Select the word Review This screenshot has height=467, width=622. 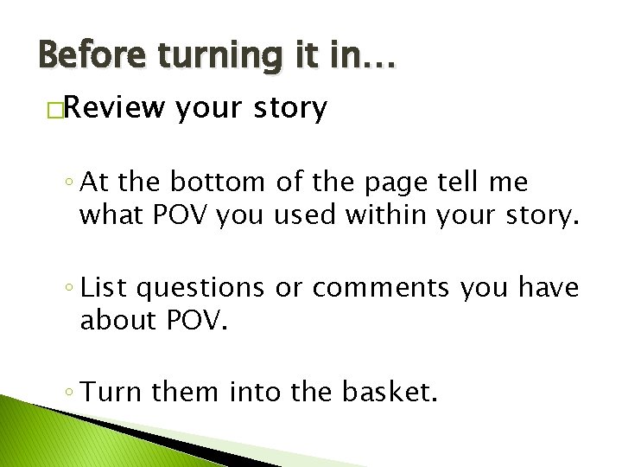click(113, 109)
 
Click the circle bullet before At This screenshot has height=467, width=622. click(67, 184)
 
